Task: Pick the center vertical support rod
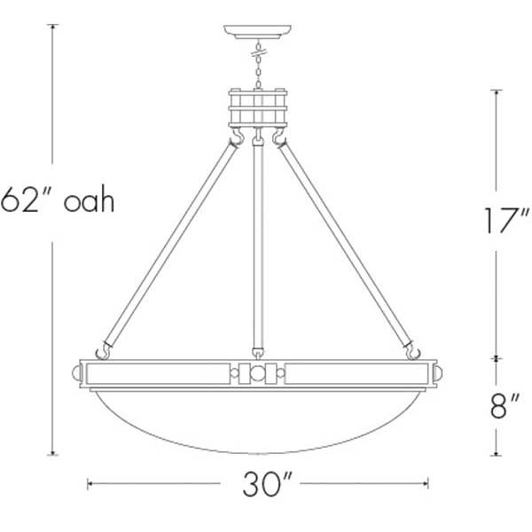[x=258, y=239]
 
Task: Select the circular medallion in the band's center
[x=258, y=373]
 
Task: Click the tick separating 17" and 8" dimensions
[x=496, y=359]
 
